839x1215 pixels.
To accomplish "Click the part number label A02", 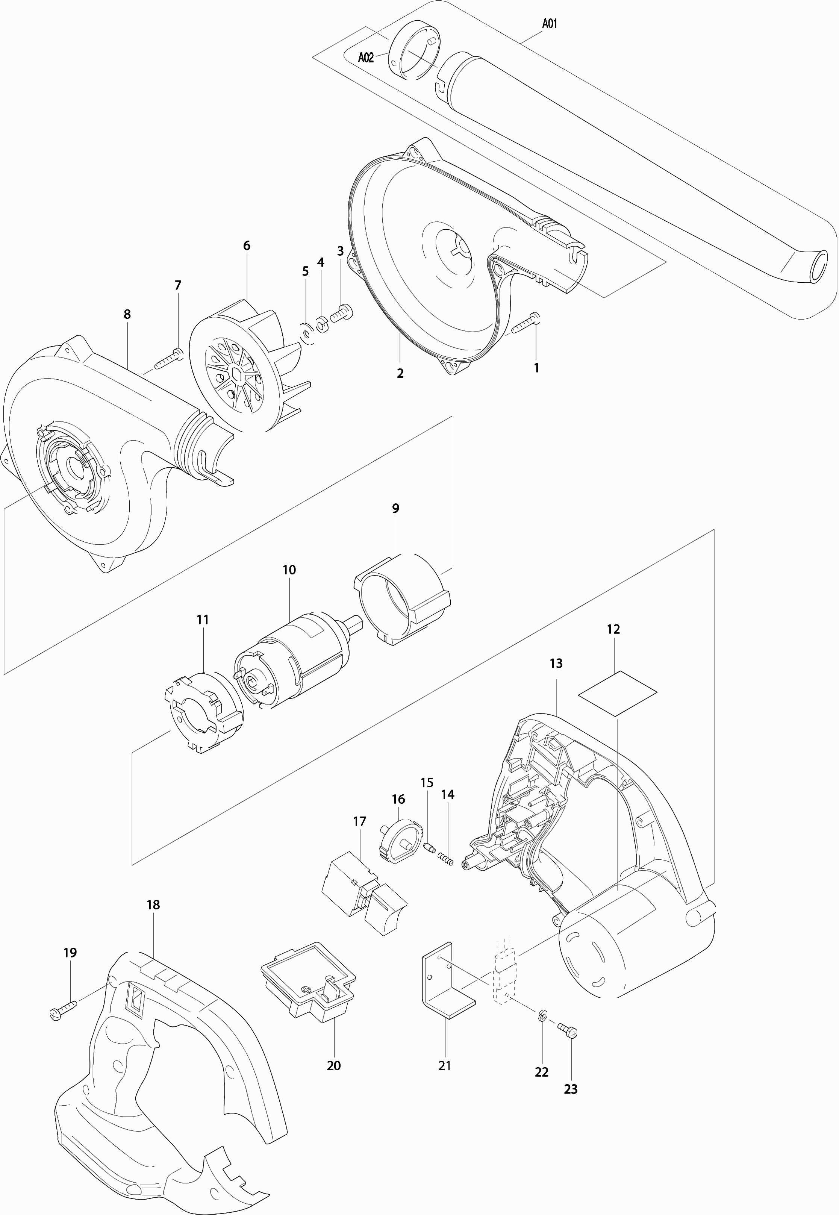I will (x=365, y=57).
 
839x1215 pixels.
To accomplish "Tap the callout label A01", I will (x=549, y=24).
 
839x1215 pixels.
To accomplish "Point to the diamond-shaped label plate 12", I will (x=617, y=693).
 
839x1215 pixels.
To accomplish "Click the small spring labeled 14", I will (x=446, y=860).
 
